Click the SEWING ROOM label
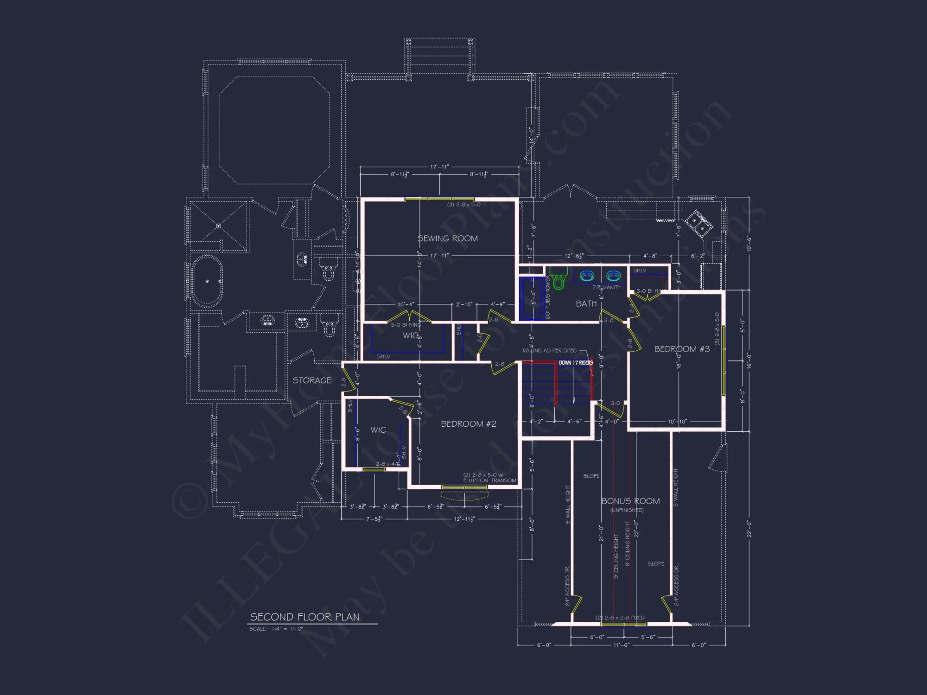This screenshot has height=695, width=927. click(447, 239)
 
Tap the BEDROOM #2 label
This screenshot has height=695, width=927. click(468, 424)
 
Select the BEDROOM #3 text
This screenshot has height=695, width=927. click(681, 349)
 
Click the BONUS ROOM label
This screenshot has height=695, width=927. click(630, 501)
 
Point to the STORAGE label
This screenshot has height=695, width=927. click(311, 380)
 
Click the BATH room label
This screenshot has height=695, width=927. click(586, 303)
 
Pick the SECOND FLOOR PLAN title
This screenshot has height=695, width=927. click(305, 617)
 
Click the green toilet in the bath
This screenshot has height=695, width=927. click(559, 280)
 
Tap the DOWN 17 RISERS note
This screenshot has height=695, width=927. click(576, 363)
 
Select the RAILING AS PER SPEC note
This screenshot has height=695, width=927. click(549, 351)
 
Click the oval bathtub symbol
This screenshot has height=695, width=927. click(207, 281)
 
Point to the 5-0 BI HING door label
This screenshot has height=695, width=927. click(406, 325)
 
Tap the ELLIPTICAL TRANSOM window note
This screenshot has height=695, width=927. click(489, 480)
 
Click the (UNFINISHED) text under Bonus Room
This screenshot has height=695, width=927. click(627, 510)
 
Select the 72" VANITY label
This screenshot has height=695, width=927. click(606, 288)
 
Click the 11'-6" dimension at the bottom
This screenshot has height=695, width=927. click(621, 645)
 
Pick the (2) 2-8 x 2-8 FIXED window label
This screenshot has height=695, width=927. click(620, 618)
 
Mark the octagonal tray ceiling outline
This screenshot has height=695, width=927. click(274, 130)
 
